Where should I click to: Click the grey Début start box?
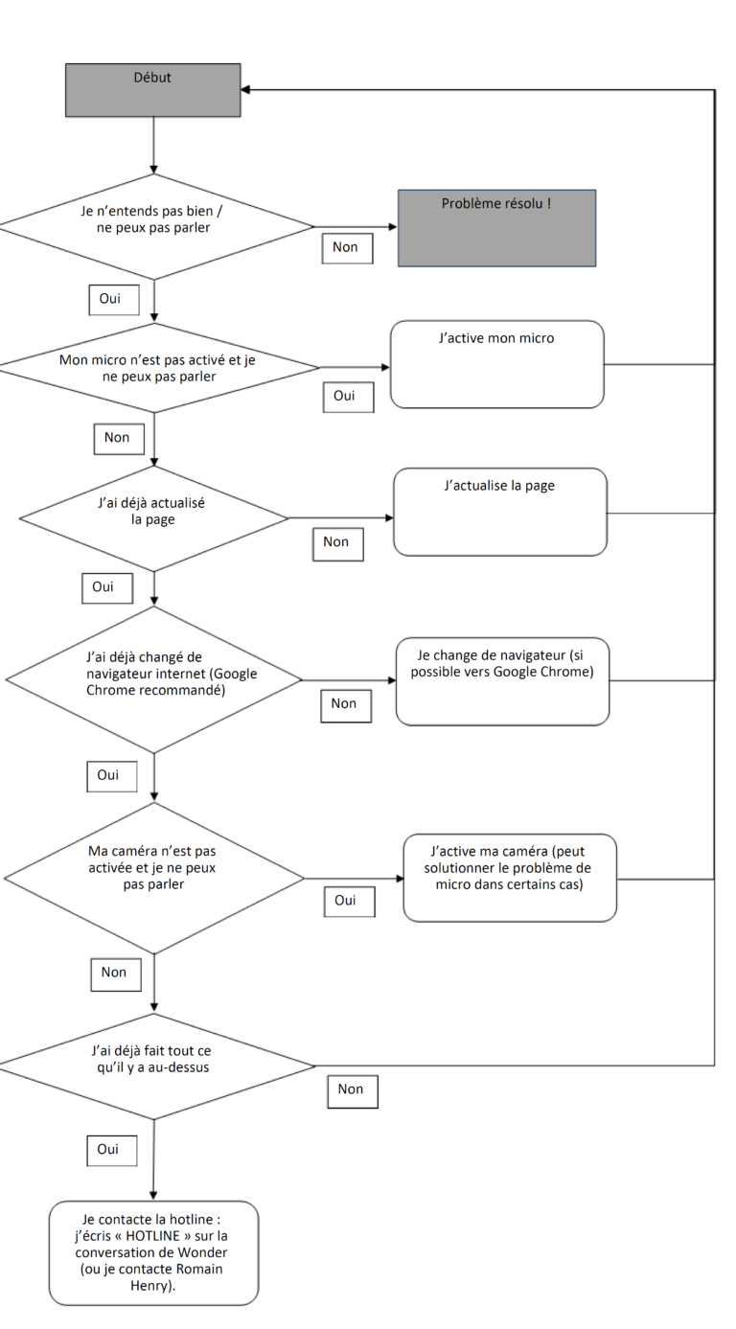pyautogui.click(x=152, y=90)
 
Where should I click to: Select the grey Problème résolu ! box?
pyautogui.click(x=496, y=228)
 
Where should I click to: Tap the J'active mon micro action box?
pyautogui.click(x=496, y=364)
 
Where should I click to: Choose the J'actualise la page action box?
pyautogui.click(x=499, y=512)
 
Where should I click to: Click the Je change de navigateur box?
pyautogui.click(x=502, y=681)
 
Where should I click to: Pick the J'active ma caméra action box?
pyautogui.click(x=510, y=878)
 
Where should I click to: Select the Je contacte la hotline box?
pyautogui.click(x=153, y=1253)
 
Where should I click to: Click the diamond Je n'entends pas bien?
pyautogui.click(x=154, y=227)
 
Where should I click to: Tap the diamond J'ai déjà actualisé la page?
pyautogui.click(x=153, y=518)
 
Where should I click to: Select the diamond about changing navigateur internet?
pyautogui.click(x=153, y=680)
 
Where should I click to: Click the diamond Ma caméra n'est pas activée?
pyautogui.click(x=154, y=878)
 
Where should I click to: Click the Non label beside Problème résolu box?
pyautogui.click(x=347, y=248)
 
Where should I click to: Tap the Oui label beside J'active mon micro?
pyautogui.click(x=349, y=397)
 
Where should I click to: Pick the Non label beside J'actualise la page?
pyautogui.click(x=338, y=544)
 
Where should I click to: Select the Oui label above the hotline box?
pyautogui.click(x=112, y=1151)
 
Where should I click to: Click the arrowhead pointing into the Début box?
pyautogui.click(x=245, y=89)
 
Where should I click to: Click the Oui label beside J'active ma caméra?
pyautogui.click(x=350, y=902)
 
